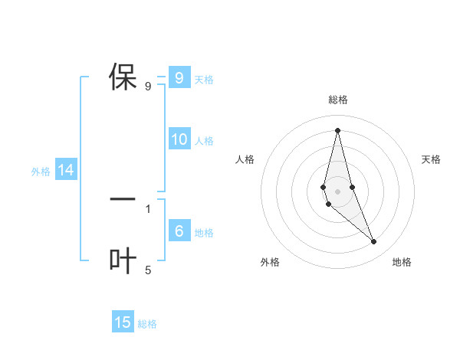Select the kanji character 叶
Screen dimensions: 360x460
123,261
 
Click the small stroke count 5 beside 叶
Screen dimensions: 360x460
148,270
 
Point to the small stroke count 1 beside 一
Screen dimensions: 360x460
148,208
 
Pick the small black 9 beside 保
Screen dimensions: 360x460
148,86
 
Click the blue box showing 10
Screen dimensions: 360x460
179,139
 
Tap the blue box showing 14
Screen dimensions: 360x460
66,171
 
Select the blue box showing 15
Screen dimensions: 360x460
123,322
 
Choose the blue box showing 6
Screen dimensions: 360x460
179,231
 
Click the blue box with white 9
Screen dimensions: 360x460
179,78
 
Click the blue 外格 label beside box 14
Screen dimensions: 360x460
41,172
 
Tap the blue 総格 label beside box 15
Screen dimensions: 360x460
147,324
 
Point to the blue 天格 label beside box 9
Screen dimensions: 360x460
204,79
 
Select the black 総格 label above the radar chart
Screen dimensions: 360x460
337,100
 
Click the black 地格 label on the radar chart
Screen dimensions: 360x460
402,262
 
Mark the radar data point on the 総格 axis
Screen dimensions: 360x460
337,129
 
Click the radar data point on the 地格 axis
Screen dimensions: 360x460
374,242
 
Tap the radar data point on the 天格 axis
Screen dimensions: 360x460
352,188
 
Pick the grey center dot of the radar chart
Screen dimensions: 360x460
337,190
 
